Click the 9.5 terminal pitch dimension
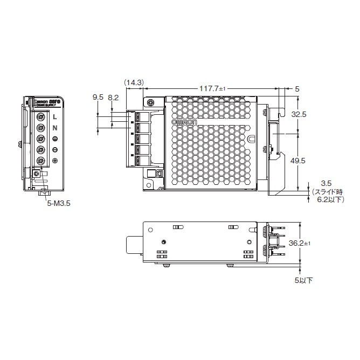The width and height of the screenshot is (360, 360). click(x=98, y=98)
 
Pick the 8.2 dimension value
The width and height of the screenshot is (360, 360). click(x=113, y=98)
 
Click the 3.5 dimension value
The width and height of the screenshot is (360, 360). click(x=326, y=183)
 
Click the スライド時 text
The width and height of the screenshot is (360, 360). click(x=328, y=191)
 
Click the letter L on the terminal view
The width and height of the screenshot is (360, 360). click(x=55, y=116)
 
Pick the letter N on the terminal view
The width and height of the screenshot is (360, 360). click(x=55, y=128)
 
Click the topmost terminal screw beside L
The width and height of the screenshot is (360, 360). click(x=40, y=116)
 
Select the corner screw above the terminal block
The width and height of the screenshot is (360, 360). click(x=150, y=102)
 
